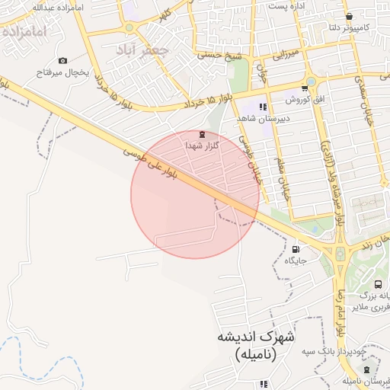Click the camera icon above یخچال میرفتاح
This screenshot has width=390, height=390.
click(x=62, y=61)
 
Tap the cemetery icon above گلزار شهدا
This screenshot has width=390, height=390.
click(x=202, y=134)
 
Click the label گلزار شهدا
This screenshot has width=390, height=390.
click(x=203, y=145)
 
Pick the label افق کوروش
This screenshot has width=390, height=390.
click(x=306, y=100)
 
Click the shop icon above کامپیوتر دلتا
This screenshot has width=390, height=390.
click(x=349, y=17)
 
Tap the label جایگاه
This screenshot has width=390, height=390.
click(x=296, y=261)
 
